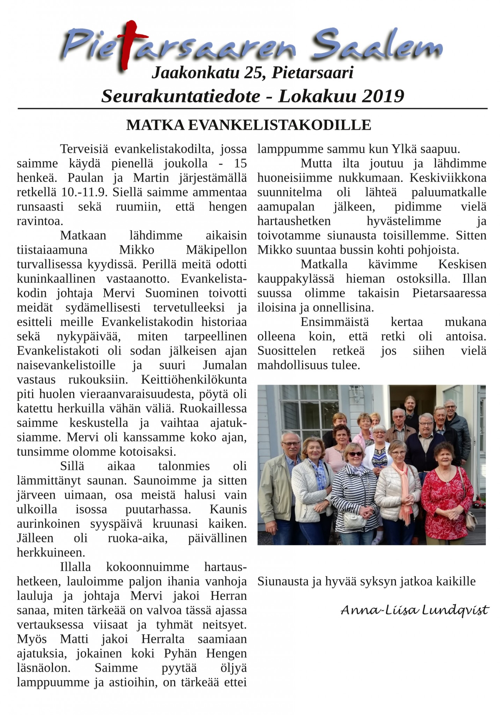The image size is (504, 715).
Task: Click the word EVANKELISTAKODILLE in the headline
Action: (279, 125)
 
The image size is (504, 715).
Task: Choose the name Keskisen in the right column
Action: (462, 264)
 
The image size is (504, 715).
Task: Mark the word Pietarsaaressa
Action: (449, 293)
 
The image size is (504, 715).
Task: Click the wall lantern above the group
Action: (355, 393)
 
